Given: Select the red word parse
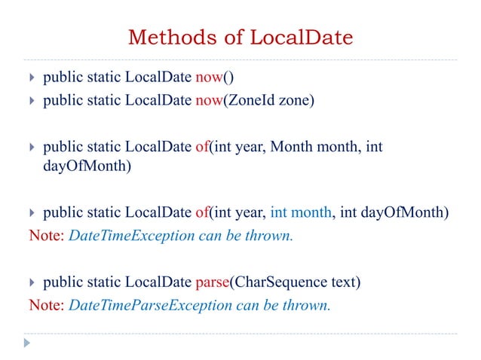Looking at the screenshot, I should click(x=213, y=283).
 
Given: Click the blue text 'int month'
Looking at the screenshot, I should click(x=302, y=212).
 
